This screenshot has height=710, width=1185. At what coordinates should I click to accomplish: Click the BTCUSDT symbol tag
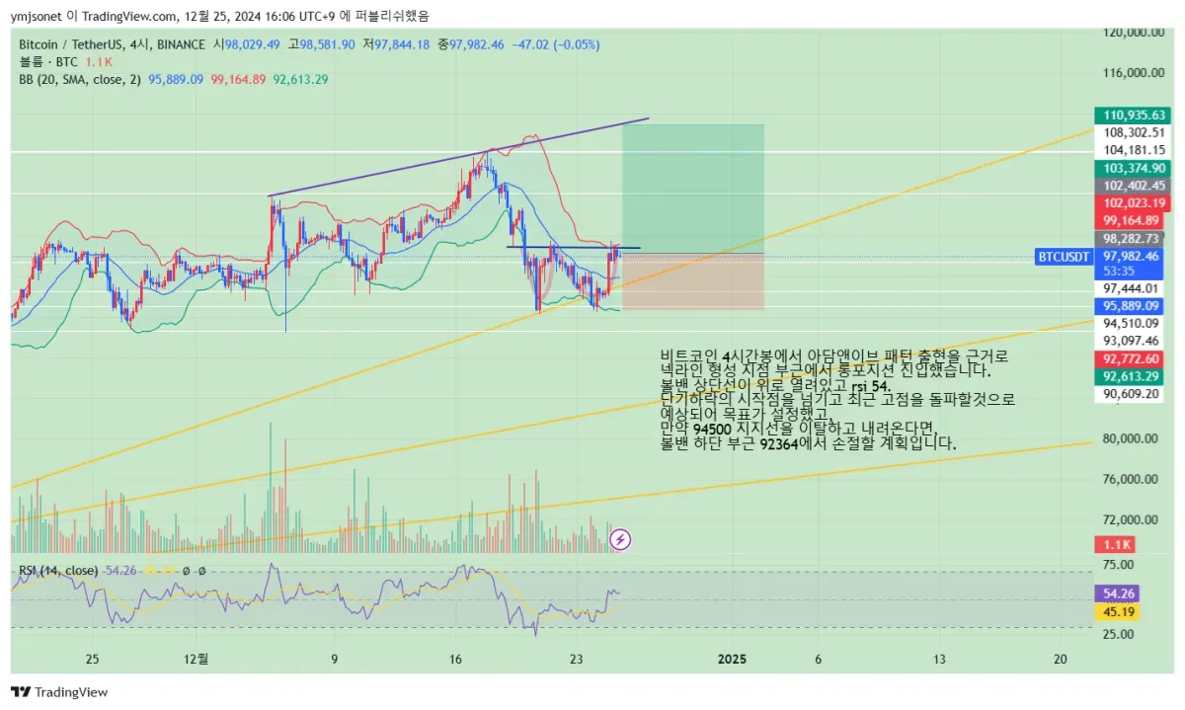(x=1063, y=257)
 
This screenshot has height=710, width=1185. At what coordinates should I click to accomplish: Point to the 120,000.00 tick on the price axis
(x=1132, y=32)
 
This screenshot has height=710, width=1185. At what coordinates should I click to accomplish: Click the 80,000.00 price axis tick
(x=1132, y=438)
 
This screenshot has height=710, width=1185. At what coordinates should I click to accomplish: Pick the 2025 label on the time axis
(x=731, y=658)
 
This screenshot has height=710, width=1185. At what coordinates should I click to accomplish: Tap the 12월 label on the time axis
(x=197, y=658)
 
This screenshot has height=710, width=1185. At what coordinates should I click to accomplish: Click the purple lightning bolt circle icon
(x=620, y=539)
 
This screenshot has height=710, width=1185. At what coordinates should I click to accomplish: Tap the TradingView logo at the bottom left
(x=59, y=692)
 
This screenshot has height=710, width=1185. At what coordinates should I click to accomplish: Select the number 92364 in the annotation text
(x=780, y=444)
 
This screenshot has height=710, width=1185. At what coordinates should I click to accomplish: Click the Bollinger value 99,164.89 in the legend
(x=238, y=79)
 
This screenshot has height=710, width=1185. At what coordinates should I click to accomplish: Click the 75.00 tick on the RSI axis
(x=1118, y=564)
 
